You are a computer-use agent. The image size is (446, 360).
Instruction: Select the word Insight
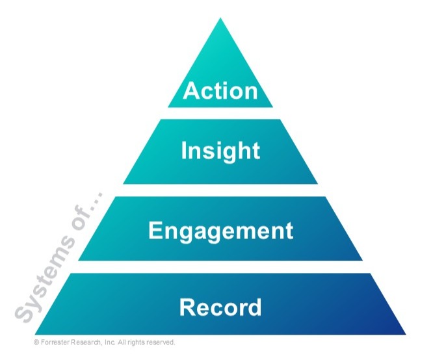pos(220,151)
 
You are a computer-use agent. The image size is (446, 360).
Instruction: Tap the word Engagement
pos(220,230)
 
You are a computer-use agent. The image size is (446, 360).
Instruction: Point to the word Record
pos(220,306)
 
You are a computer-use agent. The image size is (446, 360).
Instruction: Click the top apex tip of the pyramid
pos(221,19)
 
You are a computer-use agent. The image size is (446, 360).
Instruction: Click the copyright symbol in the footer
pos(36,342)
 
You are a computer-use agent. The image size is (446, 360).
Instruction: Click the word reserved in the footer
pos(161,342)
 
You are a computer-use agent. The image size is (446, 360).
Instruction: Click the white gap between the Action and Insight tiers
pos(221,112)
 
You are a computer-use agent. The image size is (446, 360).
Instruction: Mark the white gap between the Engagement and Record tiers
pos(221,266)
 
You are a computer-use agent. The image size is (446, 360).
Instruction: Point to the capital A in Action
pos(190,91)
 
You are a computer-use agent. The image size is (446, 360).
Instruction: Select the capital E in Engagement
pos(155,230)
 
